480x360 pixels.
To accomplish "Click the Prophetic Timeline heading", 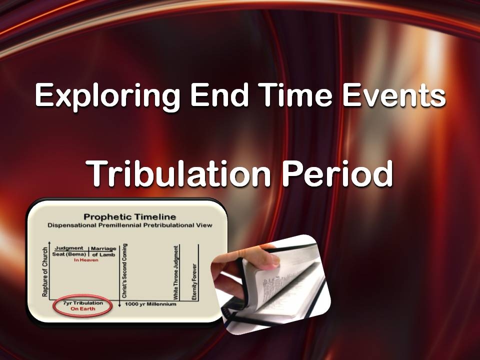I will point(129,216).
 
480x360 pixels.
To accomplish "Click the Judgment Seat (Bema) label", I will point(70,251).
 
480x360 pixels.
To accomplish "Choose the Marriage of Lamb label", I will point(103,251).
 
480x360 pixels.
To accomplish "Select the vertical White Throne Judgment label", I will point(176,273).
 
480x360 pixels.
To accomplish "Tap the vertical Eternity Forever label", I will point(194,281).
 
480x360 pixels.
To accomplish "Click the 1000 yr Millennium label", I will point(150,304).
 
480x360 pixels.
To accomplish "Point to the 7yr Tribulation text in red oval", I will point(82,303).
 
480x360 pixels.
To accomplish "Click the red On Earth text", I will point(82,309).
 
